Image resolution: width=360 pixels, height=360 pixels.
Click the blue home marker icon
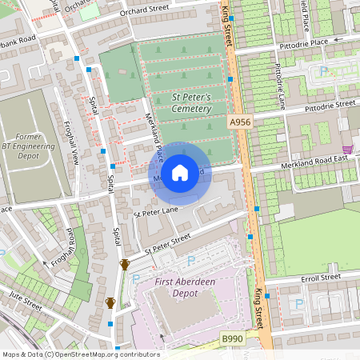point(180,172)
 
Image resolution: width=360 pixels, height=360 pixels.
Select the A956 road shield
point(239,122)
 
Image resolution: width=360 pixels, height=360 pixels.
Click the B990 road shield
point(233,341)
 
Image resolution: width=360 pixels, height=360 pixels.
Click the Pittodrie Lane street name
point(280,85)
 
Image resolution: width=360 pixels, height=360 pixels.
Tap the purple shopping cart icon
point(347,149)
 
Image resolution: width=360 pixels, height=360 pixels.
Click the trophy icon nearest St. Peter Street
point(124,265)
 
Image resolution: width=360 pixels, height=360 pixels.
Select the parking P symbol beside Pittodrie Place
point(324,70)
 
